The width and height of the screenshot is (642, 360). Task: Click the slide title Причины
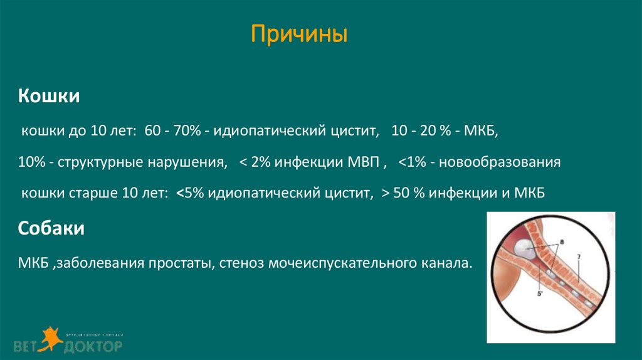(x=300, y=34)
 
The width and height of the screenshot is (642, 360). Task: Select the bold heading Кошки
(x=48, y=97)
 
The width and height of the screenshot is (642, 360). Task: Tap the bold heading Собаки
(x=51, y=229)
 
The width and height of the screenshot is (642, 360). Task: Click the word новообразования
(x=499, y=162)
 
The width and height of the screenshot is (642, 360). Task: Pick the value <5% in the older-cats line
(x=189, y=194)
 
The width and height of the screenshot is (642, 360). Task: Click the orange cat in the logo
(x=49, y=337)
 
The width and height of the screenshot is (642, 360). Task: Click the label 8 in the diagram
(x=562, y=241)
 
